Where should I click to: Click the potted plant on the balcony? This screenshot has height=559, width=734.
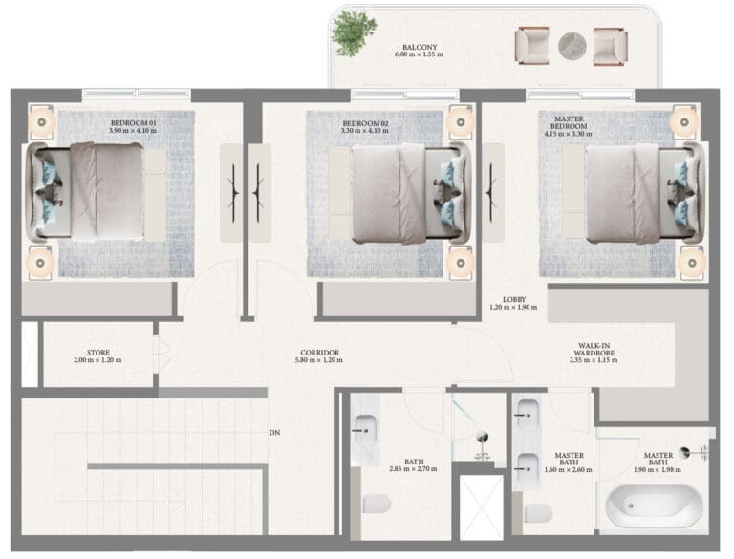pos(354,32)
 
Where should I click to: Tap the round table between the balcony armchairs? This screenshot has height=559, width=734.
pos(572,47)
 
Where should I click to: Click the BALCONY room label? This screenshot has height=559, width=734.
pos(420,47)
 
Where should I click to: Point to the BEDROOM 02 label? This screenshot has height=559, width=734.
pos(365,123)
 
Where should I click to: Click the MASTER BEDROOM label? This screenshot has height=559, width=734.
pos(569,122)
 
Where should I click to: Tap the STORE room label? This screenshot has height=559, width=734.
pos(98,353)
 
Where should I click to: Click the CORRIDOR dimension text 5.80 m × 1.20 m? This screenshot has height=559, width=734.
pos(319,360)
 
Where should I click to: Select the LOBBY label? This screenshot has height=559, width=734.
pos(514,300)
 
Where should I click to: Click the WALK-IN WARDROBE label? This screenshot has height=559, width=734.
pos(594,350)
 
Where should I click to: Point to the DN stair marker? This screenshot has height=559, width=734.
pos(275,433)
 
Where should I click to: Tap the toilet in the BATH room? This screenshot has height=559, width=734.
pos(377,504)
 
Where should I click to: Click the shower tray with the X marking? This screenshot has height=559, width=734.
pos(481,508)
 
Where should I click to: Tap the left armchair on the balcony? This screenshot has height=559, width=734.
pos(532,46)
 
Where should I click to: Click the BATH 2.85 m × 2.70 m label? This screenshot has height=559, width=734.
pos(413,465)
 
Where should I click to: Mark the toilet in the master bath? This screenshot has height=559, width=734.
pos(538,513)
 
